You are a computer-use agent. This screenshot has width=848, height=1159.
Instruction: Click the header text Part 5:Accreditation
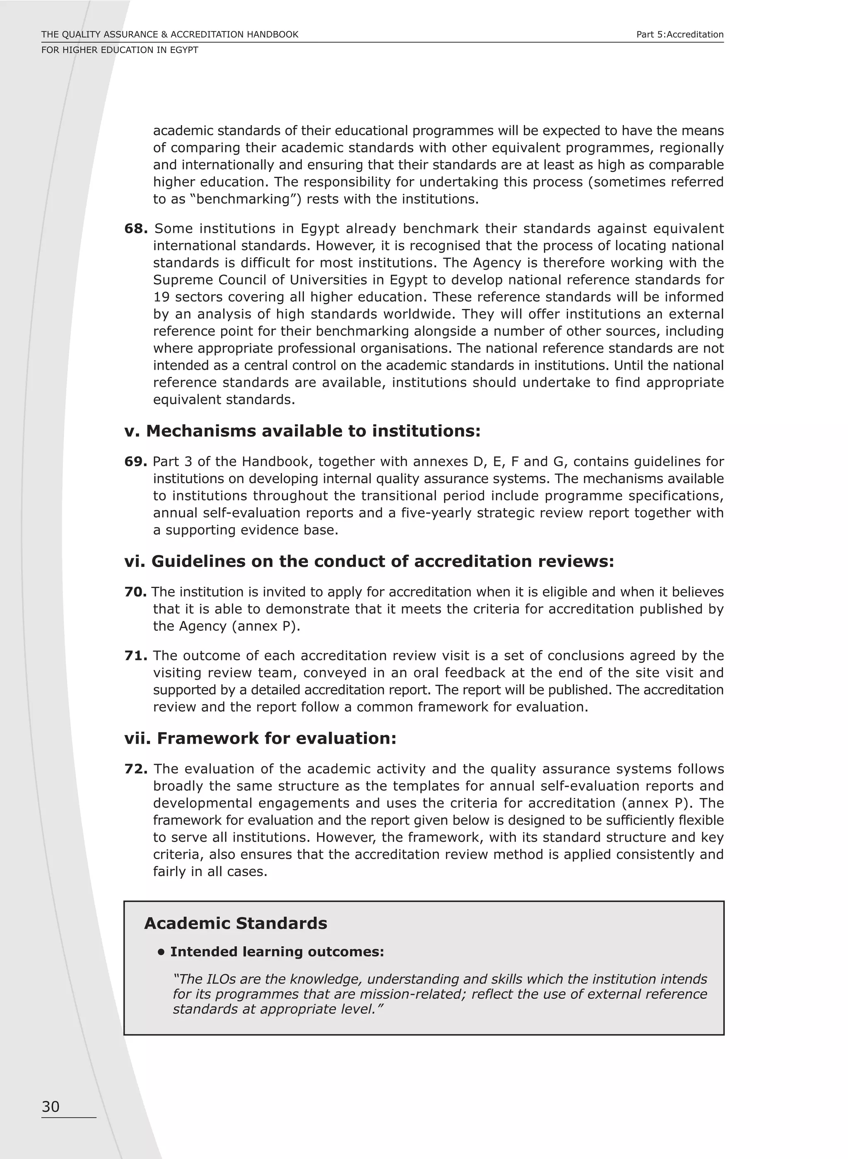(679, 34)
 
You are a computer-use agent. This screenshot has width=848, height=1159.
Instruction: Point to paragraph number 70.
(135, 592)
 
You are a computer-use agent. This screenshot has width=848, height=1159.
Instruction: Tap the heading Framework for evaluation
(261, 738)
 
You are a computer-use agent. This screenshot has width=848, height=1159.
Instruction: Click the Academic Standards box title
(236, 923)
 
